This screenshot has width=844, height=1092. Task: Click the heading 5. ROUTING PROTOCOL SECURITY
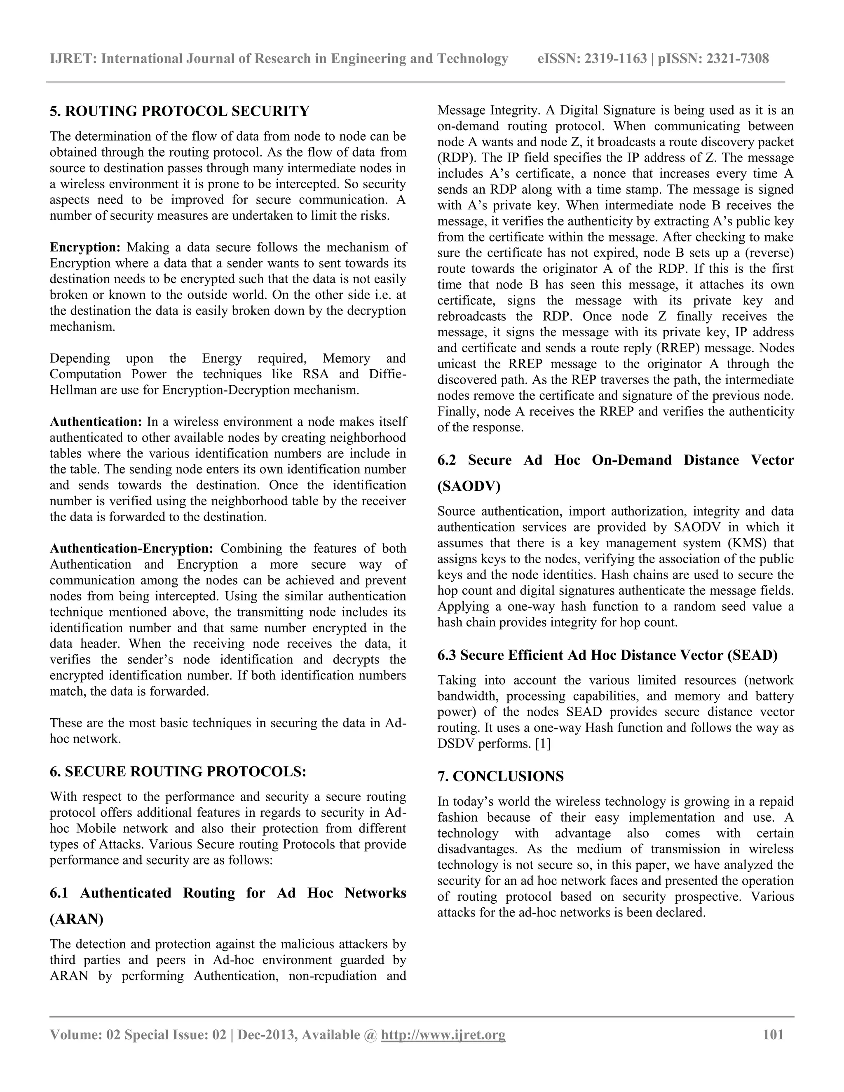(180, 111)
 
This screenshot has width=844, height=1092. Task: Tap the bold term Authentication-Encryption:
(131, 548)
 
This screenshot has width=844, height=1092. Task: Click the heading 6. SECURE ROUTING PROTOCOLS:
(178, 771)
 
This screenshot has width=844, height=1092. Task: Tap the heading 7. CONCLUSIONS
(500, 776)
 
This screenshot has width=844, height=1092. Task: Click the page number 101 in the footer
(773, 1034)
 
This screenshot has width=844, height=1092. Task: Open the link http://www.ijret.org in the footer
(443, 1034)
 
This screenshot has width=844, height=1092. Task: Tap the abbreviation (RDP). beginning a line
(457, 158)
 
